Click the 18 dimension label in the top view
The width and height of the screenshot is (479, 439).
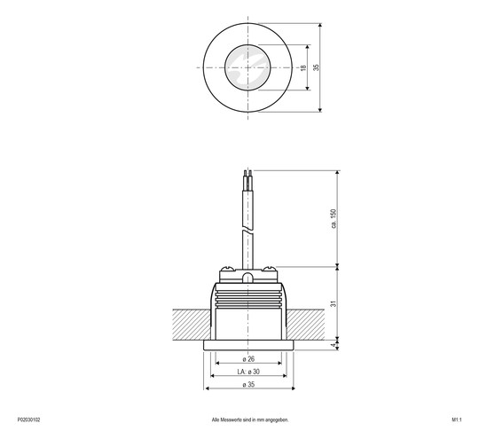coord(303,67)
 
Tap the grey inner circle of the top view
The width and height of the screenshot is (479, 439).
coord(244,67)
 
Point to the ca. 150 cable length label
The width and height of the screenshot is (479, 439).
coord(334,218)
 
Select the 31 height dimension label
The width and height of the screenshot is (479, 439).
coord(334,302)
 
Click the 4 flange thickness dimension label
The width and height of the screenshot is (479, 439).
coord(334,345)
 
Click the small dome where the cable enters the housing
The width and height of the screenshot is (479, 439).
coord(248,277)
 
